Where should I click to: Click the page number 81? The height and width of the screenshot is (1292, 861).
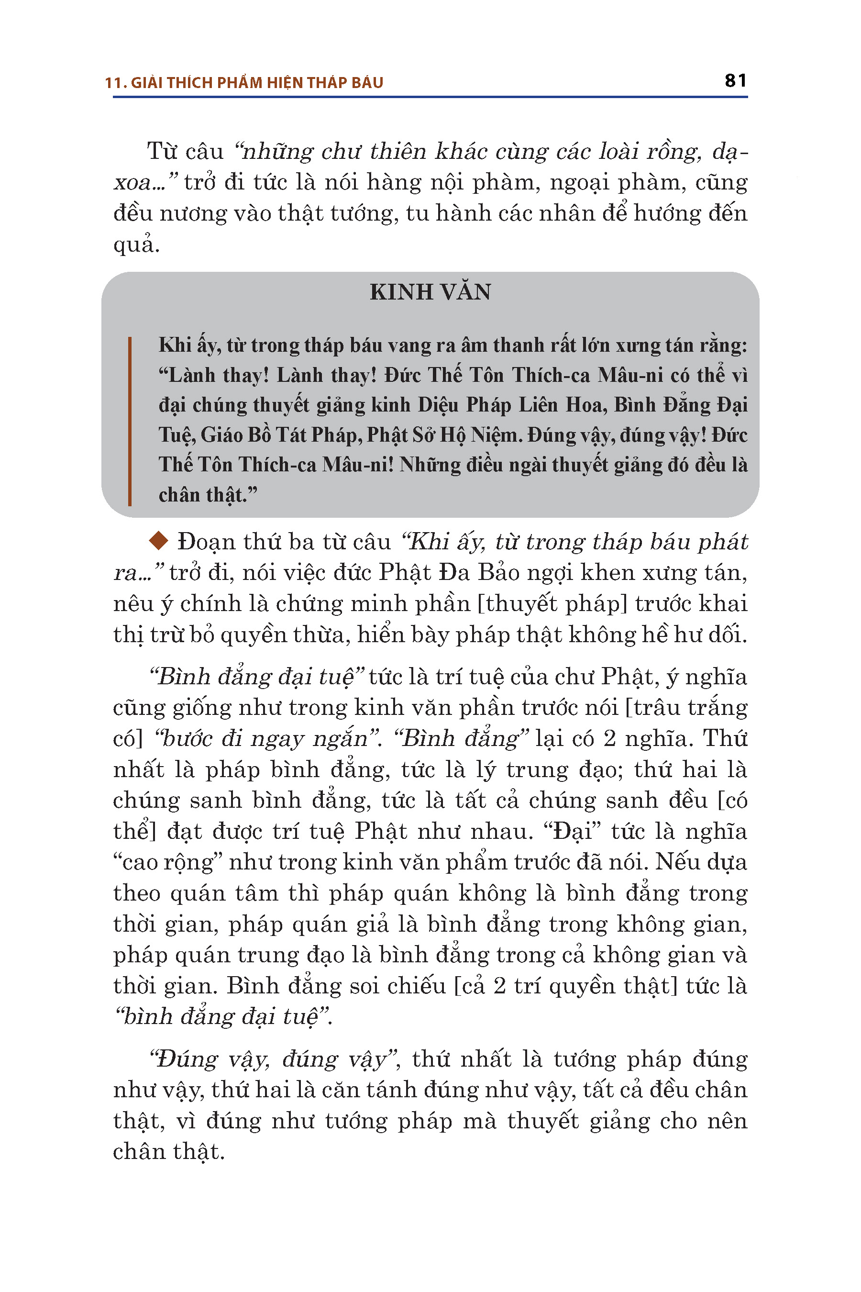tap(735, 81)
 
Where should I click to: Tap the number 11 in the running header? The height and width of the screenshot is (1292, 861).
tap(112, 83)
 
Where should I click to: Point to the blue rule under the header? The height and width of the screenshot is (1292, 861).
tap(430, 97)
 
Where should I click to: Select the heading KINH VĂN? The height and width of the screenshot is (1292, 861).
tap(430, 292)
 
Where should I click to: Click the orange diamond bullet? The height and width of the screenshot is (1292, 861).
tap(159, 541)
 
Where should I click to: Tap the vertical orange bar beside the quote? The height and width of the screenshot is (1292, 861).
tap(130, 421)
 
